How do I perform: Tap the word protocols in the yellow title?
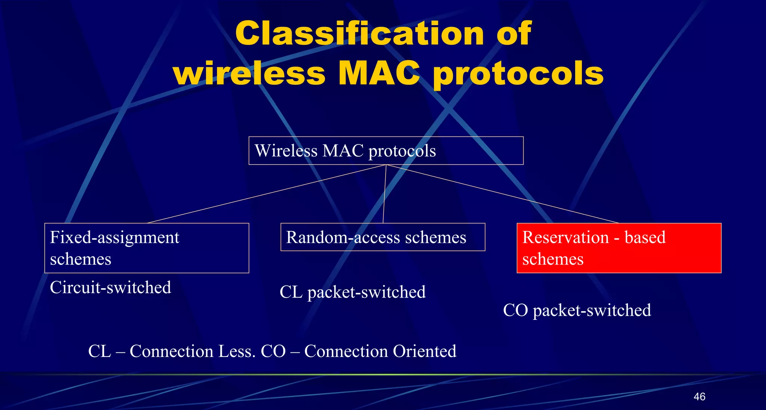click(x=518, y=74)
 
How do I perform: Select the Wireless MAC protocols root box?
click(x=386, y=151)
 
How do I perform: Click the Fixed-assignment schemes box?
click(x=146, y=248)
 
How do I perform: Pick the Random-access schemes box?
click(x=383, y=237)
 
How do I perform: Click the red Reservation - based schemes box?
click(x=619, y=248)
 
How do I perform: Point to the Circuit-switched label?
click(x=110, y=287)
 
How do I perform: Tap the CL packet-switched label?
click(x=352, y=292)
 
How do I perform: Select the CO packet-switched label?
click(x=577, y=310)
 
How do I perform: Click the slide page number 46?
click(x=699, y=397)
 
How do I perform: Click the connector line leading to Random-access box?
click(x=384, y=194)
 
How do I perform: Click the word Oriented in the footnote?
click(x=424, y=351)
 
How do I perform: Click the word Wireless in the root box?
click(x=286, y=151)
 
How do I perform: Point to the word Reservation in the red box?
click(x=566, y=237)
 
